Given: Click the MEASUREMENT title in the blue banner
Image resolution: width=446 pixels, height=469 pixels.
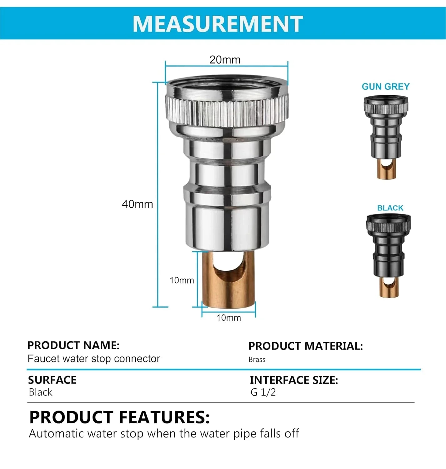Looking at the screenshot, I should pos(218,24).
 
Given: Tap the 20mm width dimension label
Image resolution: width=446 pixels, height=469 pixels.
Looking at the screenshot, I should pos(225,60).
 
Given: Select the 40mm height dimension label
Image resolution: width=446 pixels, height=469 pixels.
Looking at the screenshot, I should pos(137,204).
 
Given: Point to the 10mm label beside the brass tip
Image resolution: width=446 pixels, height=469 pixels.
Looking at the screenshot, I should pos(182,280).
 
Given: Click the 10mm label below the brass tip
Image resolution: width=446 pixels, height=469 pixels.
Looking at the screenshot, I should pos(228,318).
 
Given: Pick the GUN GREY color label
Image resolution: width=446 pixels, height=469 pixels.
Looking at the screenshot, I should pos(386,87).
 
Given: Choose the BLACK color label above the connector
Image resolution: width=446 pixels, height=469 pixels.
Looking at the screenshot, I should pos(390,208).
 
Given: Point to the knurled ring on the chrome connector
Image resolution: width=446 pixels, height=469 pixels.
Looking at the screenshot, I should pos(227,111).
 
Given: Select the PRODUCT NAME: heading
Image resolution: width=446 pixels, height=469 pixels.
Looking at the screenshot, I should pos(73,345).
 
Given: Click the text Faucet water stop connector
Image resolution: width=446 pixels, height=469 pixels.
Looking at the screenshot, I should pos(94,359).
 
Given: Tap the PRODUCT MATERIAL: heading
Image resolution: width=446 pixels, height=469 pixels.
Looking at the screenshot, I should pos(305,346).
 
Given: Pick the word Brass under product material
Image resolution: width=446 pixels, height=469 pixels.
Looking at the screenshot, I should pos(257,360).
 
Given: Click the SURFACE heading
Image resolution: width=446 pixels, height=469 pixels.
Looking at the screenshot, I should pos(52,380).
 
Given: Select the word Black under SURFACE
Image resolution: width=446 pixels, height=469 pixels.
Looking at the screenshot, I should pos(41,392).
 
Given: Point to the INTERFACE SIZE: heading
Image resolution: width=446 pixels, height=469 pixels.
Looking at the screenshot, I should pos(294,380).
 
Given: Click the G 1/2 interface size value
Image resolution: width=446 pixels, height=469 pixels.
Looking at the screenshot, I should pos(263,392).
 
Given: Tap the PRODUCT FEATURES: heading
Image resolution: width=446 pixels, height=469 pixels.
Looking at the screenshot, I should pos(119,417).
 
